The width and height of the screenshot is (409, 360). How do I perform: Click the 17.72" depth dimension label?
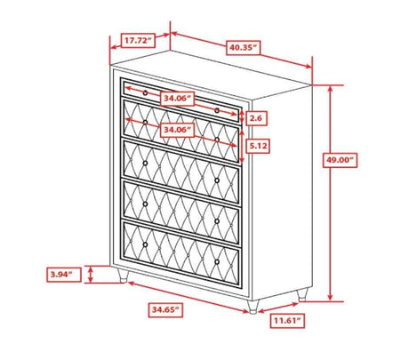138,40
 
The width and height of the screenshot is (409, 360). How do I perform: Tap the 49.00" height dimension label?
340,160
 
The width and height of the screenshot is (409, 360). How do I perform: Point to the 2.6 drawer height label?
255,118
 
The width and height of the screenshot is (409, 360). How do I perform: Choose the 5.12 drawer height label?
258,146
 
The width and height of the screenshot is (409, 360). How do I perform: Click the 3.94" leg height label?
64,275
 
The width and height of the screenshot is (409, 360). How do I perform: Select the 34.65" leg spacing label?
165,310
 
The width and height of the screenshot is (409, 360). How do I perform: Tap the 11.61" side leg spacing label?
287,320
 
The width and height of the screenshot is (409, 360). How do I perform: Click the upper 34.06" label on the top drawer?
177,99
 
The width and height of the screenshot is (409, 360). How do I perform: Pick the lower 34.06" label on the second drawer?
177,130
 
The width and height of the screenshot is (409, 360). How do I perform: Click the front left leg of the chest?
123,276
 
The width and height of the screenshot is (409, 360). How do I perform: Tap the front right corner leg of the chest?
253,307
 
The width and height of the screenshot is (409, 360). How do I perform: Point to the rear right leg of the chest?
302,295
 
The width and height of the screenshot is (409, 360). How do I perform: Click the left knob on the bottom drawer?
145,244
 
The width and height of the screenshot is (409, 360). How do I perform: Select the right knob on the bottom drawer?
217,262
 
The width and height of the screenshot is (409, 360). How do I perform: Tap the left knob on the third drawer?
145,164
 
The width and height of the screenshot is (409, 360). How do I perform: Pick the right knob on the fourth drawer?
217,221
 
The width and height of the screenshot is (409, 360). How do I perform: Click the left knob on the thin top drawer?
145,92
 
